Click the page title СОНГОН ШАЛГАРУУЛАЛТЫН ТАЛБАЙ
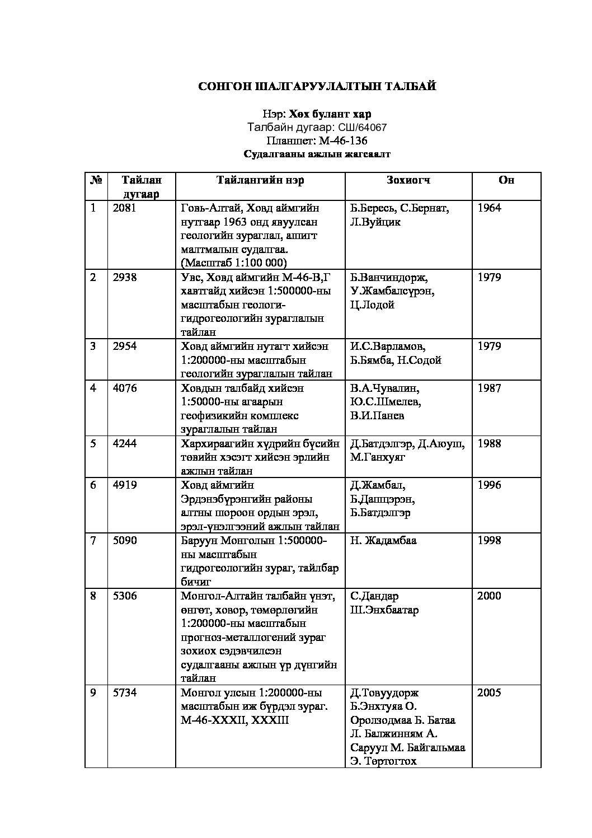317,86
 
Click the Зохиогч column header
408,180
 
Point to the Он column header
506,180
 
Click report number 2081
124,208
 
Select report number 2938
124,277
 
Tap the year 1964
489,208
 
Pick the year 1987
489,388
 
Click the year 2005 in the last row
489,692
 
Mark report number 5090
124,540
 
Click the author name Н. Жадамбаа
383,540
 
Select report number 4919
124,485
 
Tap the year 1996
489,485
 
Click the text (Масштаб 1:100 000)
234,263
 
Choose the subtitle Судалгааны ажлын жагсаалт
317,154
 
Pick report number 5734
124,692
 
